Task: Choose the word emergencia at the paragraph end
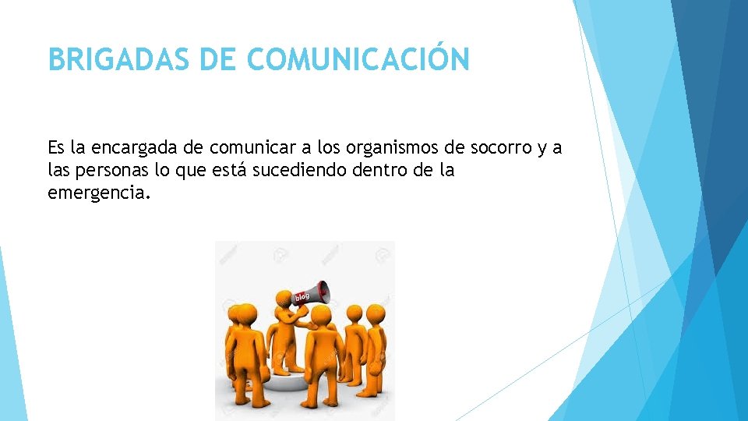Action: coord(97,192)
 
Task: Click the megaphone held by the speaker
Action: coord(312,292)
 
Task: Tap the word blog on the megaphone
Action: coord(302,296)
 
